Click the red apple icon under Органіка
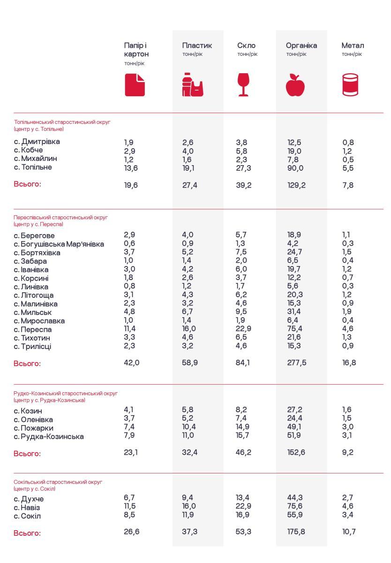coord(295,85)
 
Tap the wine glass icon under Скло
coord(243,85)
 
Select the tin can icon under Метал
coord(350,85)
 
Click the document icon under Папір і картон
coord(135,85)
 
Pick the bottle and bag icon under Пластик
coord(193,85)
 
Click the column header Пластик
coord(197,46)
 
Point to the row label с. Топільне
coord(33,167)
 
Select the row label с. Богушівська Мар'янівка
coord(59,244)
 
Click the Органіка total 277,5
coord(297,363)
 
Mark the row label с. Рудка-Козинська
coord(49,437)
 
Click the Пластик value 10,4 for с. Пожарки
coord(189,427)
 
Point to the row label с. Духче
coord(29,499)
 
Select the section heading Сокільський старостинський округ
coord(58,482)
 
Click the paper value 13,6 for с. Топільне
coord(131,168)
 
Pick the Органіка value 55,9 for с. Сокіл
coord(295,516)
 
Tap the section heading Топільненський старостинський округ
coord(62,122)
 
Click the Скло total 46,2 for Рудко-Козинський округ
coord(243,453)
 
